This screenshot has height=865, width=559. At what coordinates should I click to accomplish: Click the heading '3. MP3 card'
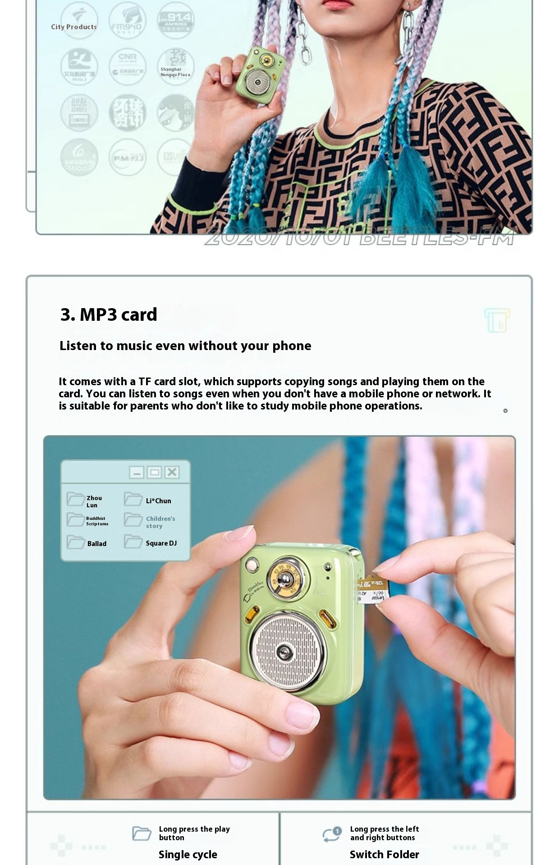pyautogui.click(x=109, y=314)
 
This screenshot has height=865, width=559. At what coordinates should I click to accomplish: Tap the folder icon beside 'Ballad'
pyautogui.click(x=76, y=542)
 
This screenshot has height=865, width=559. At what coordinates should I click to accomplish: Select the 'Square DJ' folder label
pyautogui.click(x=161, y=543)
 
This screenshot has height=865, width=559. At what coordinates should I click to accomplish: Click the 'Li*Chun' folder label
pyautogui.click(x=158, y=501)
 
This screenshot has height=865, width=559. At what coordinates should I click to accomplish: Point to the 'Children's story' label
pyautogui.click(x=160, y=522)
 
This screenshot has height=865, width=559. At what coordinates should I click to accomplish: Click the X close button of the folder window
pyautogui.click(x=172, y=472)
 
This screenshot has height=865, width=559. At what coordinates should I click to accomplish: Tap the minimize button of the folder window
pyautogui.click(x=137, y=472)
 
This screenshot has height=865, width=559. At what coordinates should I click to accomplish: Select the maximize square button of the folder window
pyautogui.click(x=154, y=472)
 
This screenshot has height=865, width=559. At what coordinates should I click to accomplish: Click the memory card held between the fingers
pyautogui.click(x=373, y=590)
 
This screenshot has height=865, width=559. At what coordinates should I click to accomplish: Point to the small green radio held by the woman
pyautogui.click(x=260, y=74)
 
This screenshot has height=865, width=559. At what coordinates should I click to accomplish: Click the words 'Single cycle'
pyautogui.click(x=188, y=855)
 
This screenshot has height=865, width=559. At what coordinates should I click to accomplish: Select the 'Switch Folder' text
pyautogui.click(x=384, y=855)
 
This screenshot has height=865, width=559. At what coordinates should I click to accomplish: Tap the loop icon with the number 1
pyautogui.click(x=332, y=834)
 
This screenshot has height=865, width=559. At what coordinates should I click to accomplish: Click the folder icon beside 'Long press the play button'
pyautogui.click(x=142, y=833)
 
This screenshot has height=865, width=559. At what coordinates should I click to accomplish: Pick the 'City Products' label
pyautogui.click(x=74, y=27)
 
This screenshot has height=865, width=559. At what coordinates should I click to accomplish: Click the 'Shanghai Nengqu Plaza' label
pyautogui.click(x=175, y=72)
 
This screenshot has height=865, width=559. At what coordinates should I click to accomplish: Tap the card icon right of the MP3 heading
pyautogui.click(x=497, y=320)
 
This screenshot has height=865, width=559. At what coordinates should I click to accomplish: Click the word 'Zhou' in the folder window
pyautogui.click(x=94, y=498)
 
